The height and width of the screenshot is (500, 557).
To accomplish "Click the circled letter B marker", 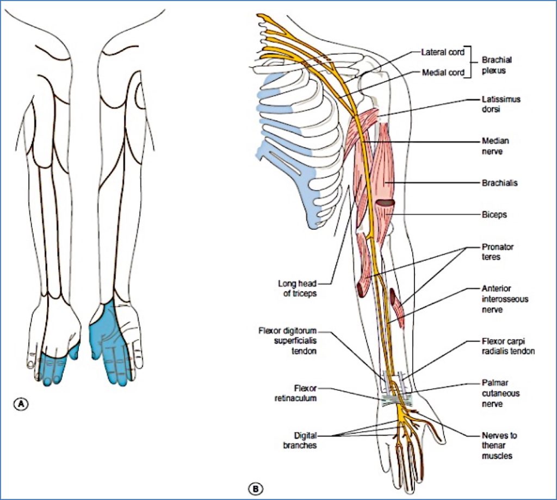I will [x=255, y=487].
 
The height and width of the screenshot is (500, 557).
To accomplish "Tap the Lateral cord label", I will [x=443, y=53].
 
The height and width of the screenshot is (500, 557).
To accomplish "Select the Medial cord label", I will [x=443, y=72].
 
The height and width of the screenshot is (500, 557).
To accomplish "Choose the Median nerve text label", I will [x=495, y=146].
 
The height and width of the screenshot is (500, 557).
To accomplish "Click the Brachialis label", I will [x=500, y=183].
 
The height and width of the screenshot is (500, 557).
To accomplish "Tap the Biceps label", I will [x=494, y=215].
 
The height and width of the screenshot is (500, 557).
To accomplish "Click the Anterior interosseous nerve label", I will [x=504, y=299].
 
